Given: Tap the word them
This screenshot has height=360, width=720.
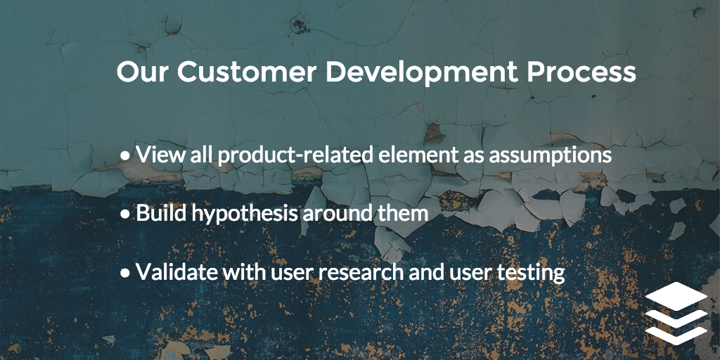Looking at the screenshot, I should tap(404, 213).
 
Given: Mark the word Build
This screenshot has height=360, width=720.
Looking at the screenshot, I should tap(157, 213).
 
